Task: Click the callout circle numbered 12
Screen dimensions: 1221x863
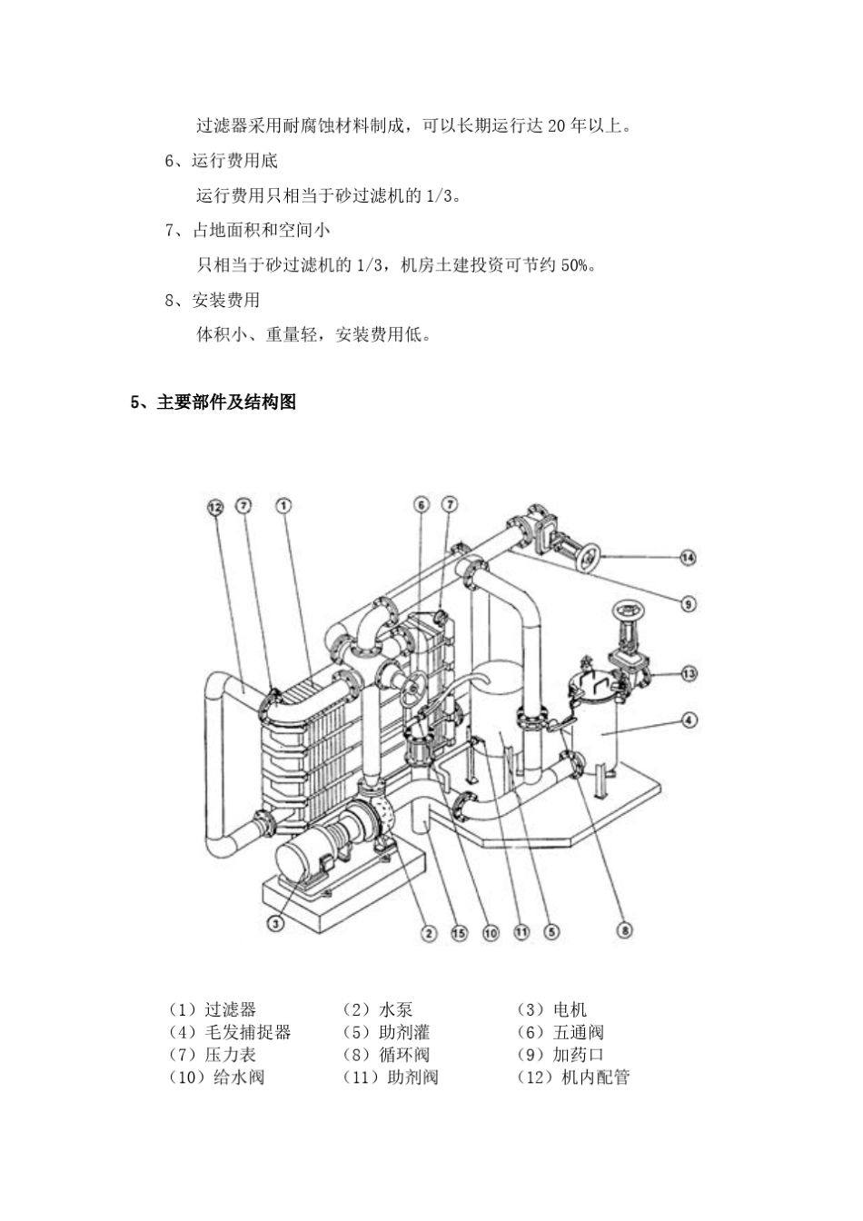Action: [214, 507]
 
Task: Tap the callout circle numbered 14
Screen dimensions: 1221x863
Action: [688, 557]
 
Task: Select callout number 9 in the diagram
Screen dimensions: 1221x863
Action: [688, 603]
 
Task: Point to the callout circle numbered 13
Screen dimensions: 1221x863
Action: [688, 673]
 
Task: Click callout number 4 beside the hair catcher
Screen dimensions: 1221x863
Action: [688, 720]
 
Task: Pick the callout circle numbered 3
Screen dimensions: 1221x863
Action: [276, 923]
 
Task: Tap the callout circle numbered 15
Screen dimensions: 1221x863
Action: [459, 932]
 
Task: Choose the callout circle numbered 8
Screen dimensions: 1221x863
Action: [624, 929]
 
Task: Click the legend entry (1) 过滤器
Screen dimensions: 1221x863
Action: [213, 1009]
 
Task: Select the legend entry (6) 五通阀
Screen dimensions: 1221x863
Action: [560, 1032]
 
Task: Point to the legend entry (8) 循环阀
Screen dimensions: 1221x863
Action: [386, 1055]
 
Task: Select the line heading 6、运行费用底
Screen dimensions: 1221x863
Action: [222, 161]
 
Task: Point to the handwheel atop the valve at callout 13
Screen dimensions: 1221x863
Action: [624, 611]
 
